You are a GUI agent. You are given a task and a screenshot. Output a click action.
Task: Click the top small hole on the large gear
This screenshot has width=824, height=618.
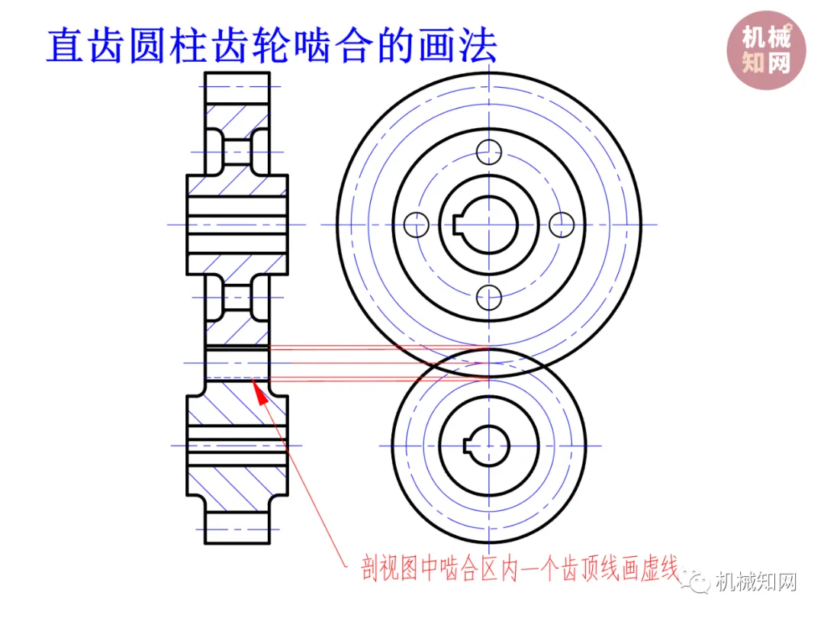(488, 152)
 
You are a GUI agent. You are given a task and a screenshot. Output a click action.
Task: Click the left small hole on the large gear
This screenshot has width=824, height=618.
(416, 224)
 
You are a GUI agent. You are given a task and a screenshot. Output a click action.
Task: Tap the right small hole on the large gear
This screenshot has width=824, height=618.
(562, 224)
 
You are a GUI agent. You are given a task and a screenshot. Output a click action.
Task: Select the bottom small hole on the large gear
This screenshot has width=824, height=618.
(488, 296)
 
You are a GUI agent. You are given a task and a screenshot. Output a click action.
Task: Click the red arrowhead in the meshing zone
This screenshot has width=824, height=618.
(261, 394)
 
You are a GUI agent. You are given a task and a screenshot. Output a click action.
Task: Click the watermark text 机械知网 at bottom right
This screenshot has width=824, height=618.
(756, 584)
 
